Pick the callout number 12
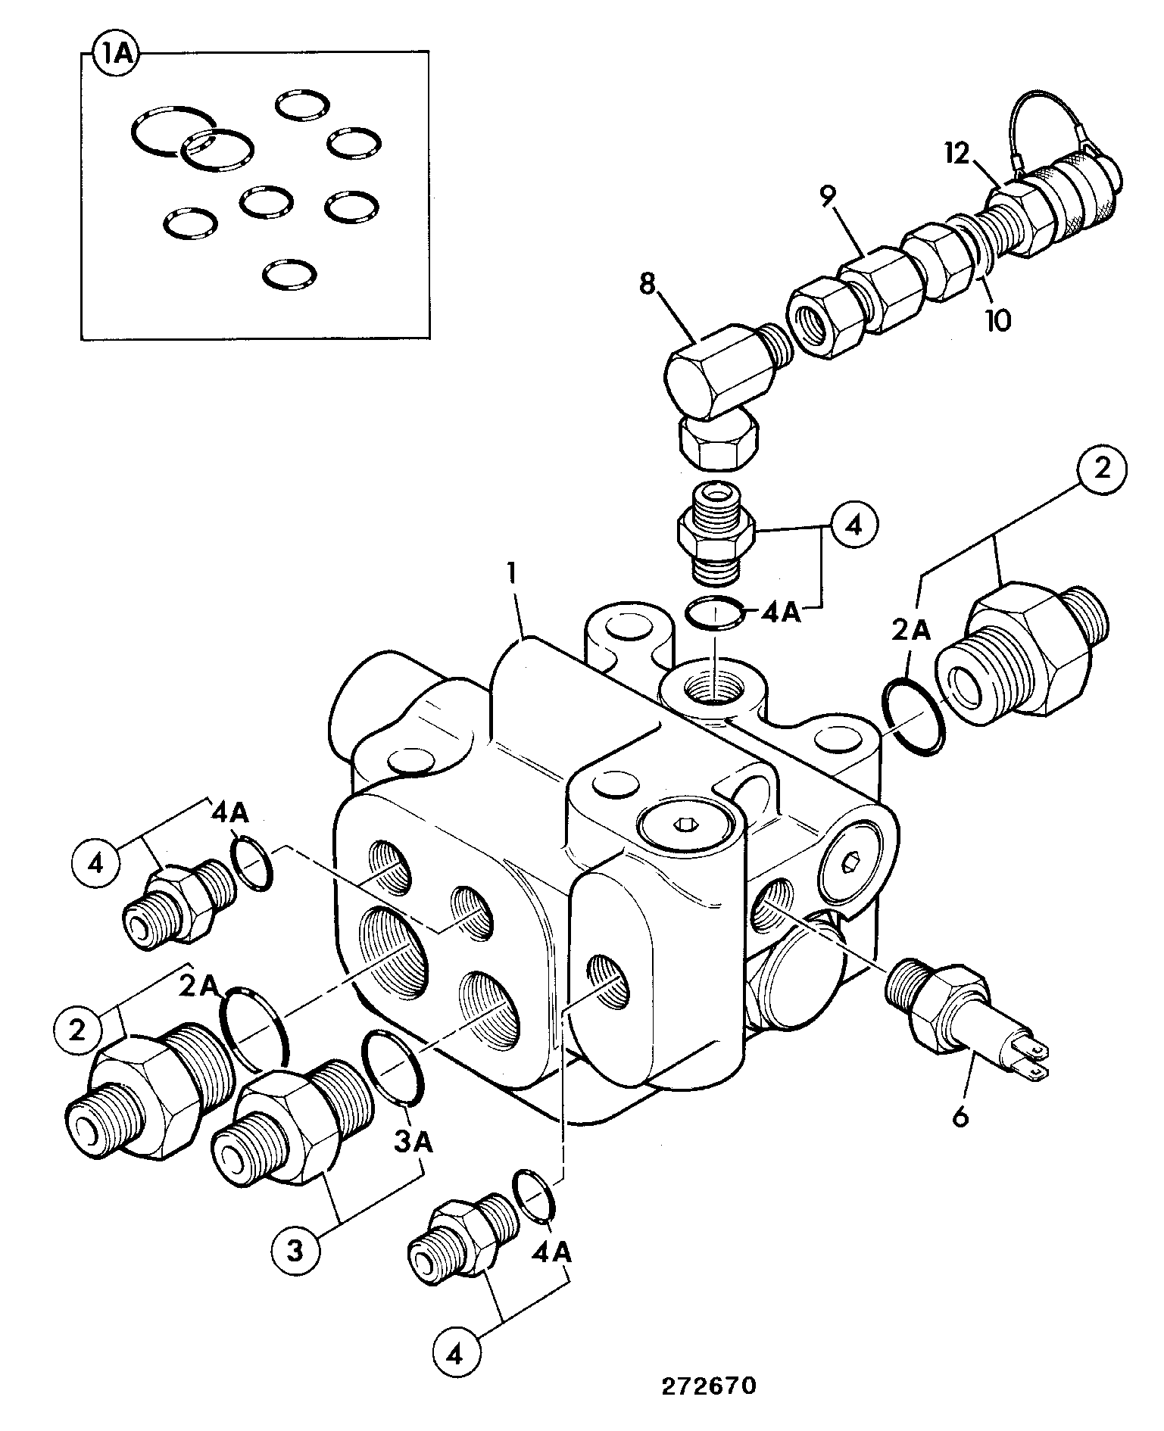957,154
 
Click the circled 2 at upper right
1102,469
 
